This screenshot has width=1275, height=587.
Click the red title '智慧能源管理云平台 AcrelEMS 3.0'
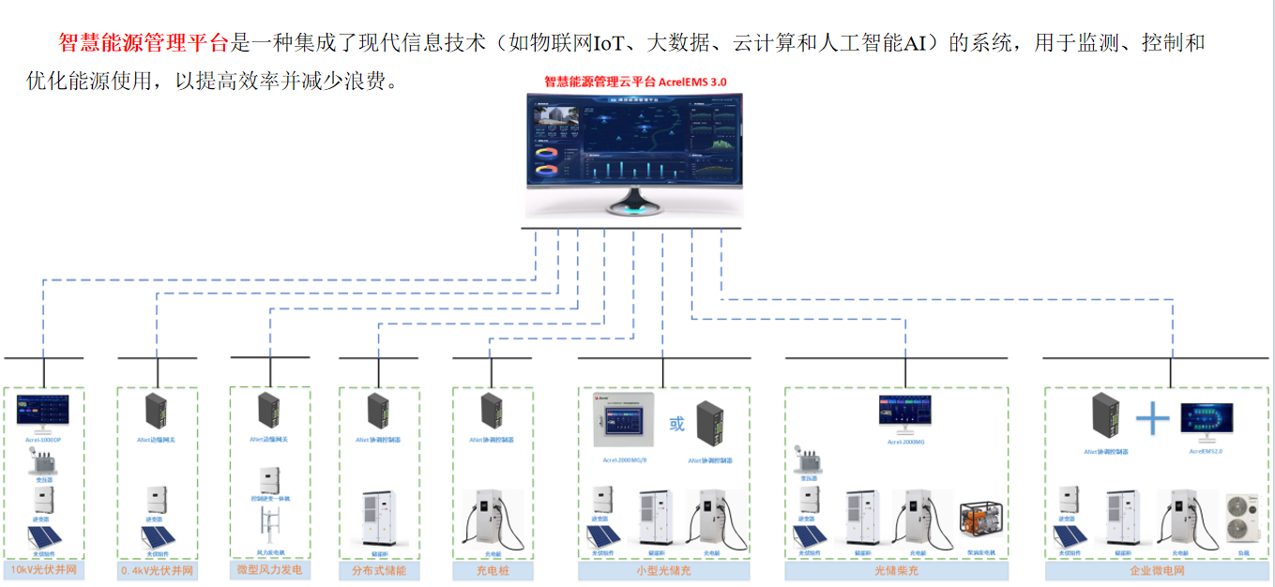[635, 83]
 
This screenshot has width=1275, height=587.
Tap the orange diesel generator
[980, 520]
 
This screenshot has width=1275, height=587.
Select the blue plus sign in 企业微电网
[1152, 418]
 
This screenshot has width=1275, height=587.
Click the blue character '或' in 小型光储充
[676, 424]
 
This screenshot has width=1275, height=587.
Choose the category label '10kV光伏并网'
[43, 570]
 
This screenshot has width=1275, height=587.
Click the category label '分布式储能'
[379, 570]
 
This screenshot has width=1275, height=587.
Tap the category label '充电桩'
[493, 570]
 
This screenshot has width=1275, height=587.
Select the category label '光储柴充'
[896, 570]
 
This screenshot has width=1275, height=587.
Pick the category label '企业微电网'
[1158, 570]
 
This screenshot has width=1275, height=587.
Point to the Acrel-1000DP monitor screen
[44, 413]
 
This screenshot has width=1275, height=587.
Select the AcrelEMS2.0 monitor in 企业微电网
[1207, 421]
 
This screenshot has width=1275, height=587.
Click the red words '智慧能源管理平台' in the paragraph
[143, 43]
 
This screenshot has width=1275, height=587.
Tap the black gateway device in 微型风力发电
[270, 411]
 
